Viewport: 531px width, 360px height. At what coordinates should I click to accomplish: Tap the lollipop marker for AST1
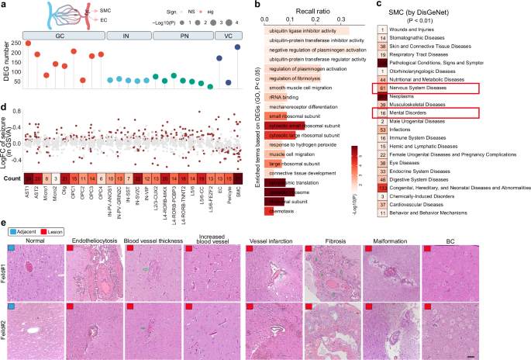point(29,43)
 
